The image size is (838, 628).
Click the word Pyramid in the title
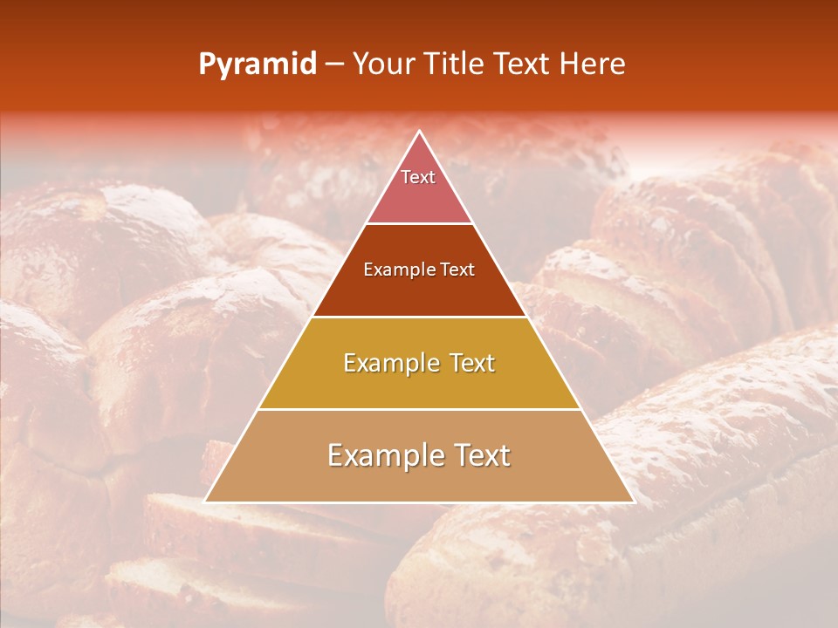tap(257, 65)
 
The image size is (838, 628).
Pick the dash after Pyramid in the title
tap(333, 65)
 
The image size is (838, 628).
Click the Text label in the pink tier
tap(417, 177)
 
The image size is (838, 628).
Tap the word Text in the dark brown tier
tap(457, 270)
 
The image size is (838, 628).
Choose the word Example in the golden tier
tap(389, 363)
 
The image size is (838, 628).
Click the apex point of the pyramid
tap(419, 132)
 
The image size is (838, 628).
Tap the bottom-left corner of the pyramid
tap(205, 502)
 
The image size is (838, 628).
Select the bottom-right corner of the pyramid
tap(633, 502)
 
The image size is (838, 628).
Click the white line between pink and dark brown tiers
tap(419, 224)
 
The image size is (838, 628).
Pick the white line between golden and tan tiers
tap(419, 409)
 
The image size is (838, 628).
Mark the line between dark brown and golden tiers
tap(419, 317)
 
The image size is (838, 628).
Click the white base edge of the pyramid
tap(419, 502)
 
